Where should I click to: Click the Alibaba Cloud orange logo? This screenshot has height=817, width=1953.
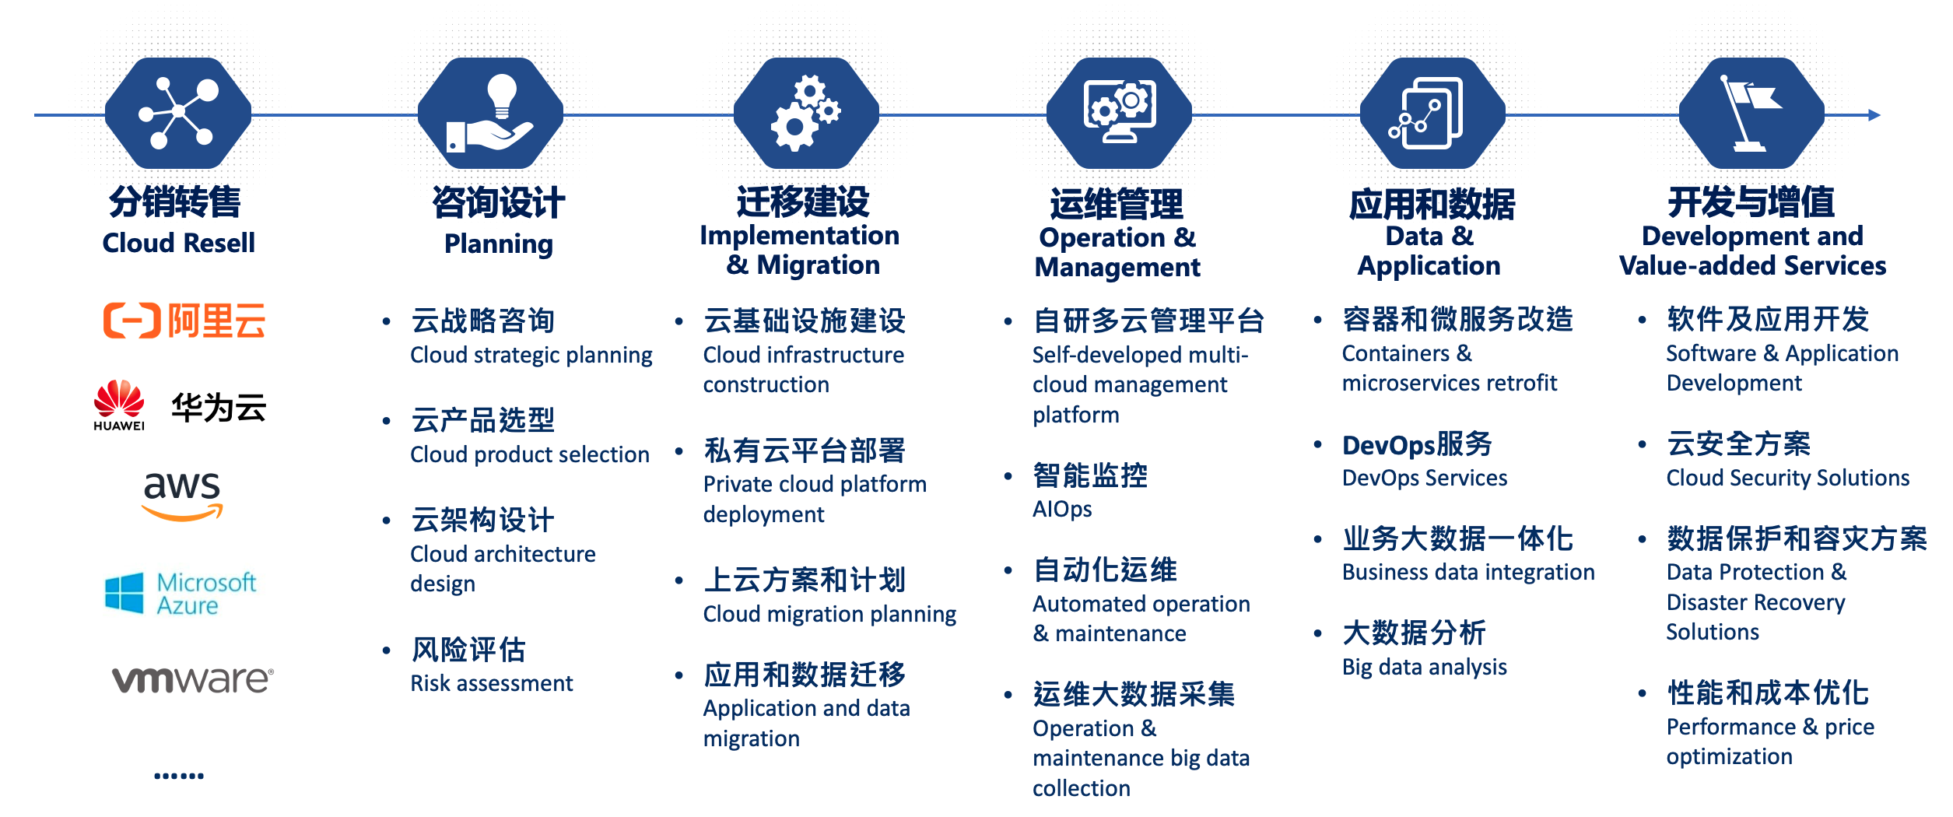184,321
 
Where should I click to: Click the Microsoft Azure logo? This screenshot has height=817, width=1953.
181,594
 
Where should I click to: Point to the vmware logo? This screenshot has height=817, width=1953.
193,679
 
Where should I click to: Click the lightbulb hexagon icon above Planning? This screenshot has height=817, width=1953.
490,114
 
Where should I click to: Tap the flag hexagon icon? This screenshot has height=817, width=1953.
1751,114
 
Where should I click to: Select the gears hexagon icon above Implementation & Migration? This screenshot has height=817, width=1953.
806,114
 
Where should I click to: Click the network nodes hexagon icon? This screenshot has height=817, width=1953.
178,114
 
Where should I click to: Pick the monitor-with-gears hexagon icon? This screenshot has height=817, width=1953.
1119,114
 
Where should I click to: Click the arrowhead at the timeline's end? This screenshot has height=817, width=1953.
1874,115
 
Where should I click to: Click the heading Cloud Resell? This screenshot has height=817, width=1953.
179,243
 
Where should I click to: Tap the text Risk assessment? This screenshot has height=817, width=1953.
492,683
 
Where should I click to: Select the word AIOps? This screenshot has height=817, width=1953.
1062,509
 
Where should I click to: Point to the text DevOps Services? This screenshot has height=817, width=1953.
1425,478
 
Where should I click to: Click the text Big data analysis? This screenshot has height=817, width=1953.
1425,667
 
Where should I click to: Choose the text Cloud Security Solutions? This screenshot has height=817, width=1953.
1788,478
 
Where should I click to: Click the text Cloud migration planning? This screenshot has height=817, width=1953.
830,614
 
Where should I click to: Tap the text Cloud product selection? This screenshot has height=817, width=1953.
530,454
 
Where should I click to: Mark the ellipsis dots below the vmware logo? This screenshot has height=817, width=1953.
179,776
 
